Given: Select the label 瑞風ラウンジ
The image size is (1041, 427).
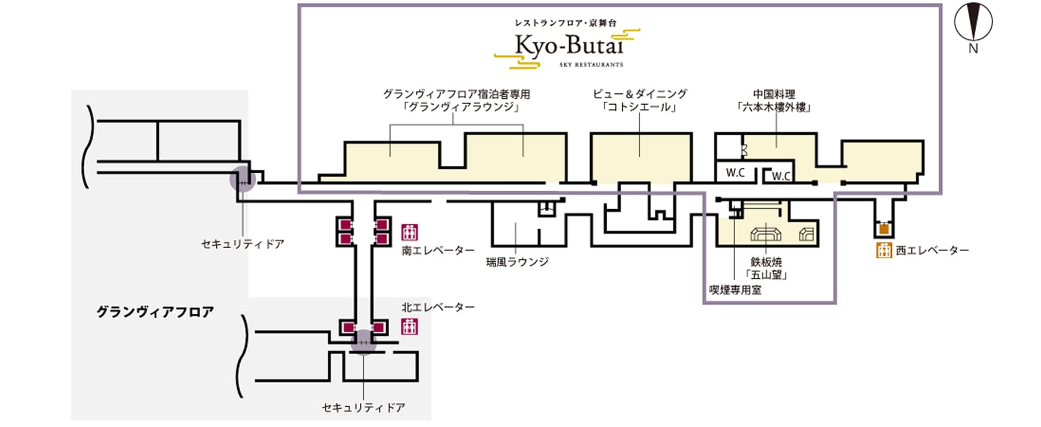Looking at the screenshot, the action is click(x=517, y=262).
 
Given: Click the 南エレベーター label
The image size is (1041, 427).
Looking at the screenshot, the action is click(x=438, y=251).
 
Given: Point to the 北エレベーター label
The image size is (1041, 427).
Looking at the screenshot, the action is click(x=438, y=307).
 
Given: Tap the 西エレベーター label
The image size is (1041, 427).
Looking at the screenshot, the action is click(x=932, y=251).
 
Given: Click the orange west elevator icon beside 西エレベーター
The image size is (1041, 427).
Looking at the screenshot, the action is click(x=884, y=250).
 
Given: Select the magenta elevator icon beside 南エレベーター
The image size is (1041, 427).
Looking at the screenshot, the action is click(x=409, y=232).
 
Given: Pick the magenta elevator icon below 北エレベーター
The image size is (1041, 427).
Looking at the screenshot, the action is click(x=409, y=326).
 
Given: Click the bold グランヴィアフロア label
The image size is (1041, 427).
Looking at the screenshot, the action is click(x=155, y=312).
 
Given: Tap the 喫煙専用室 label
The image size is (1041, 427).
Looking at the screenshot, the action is click(x=735, y=290).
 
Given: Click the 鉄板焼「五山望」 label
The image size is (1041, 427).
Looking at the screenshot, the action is click(x=766, y=269).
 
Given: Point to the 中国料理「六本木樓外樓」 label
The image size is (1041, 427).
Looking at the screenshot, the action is click(x=773, y=101).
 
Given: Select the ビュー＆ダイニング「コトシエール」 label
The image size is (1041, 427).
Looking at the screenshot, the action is click(x=640, y=101).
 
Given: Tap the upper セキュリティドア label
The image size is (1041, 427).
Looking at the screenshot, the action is click(x=243, y=244).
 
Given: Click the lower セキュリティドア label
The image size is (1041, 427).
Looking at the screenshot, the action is click(x=364, y=408).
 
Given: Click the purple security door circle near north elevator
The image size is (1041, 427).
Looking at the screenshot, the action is click(x=364, y=341).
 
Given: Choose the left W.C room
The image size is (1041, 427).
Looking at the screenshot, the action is click(x=735, y=172).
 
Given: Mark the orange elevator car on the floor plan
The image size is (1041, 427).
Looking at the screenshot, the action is click(x=884, y=229).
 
